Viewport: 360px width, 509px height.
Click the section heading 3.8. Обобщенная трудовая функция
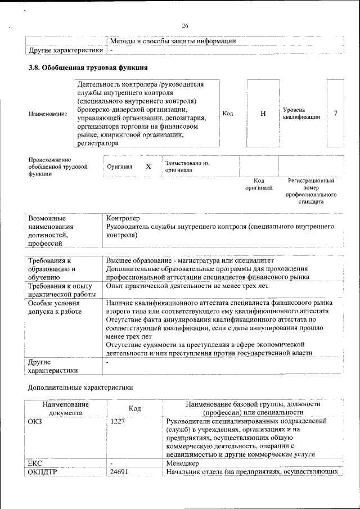coord(88,68)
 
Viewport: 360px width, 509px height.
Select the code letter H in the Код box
coord(263,114)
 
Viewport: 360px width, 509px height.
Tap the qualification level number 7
coord(335,114)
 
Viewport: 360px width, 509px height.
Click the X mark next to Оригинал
coord(148,167)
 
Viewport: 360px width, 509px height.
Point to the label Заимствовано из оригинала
coord(187,166)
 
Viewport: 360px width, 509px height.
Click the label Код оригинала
coord(259,184)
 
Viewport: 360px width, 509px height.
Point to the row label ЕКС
coord(36,463)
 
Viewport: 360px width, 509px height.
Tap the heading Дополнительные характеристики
coord(80,388)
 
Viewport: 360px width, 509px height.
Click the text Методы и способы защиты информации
coord(172,41)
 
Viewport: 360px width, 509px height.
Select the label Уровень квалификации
coord(301,114)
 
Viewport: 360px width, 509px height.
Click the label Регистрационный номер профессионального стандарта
coord(311,191)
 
